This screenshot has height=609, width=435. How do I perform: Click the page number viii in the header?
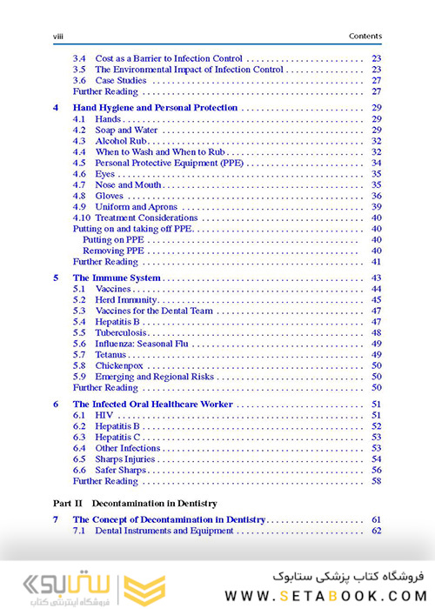(x=60, y=36)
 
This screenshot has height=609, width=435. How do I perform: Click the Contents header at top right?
(x=365, y=36)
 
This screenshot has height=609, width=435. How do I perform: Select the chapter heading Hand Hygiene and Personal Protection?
(x=155, y=107)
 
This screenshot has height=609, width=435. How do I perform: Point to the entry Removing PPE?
(x=113, y=251)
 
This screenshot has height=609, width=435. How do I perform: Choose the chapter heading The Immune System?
(x=117, y=278)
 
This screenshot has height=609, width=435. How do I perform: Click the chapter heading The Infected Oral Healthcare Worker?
(x=152, y=405)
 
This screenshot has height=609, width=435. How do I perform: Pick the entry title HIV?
(x=104, y=416)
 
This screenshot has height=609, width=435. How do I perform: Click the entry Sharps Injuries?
(x=125, y=459)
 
